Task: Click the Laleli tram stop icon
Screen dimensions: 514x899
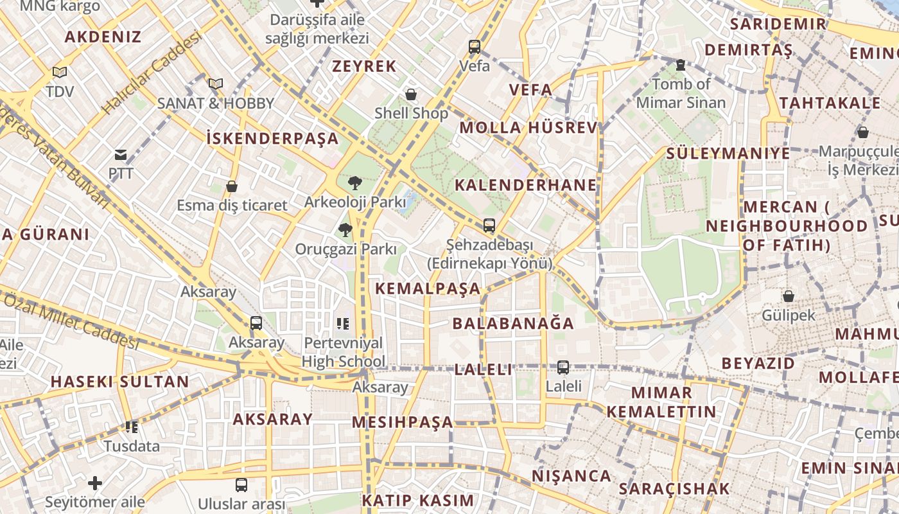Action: coord(563,368)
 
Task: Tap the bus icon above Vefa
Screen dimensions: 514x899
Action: coord(475,47)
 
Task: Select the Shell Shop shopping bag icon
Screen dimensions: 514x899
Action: coord(411,95)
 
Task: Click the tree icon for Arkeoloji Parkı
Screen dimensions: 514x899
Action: coord(354,183)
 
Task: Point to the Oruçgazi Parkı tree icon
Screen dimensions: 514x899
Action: coord(345,230)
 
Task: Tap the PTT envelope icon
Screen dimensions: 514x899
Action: coord(121,154)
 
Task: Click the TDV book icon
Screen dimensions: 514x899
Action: coord(60,73)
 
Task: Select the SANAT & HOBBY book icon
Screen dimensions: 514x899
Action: coord(216,84)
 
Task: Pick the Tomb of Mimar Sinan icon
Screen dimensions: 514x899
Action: coord(681,65)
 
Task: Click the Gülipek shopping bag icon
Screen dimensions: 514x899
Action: coord(788,296)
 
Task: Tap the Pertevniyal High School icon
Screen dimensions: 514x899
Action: coord(343,324)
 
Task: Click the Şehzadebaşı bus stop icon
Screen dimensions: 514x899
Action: coord(489,226)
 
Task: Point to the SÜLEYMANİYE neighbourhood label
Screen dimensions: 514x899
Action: coord(728,154)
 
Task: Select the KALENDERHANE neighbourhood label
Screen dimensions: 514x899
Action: coord(526,186)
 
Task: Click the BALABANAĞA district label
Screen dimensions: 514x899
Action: coord(513,323)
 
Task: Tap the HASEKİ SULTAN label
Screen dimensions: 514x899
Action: coord(120,382)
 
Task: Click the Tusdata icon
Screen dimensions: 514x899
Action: coord(132,427)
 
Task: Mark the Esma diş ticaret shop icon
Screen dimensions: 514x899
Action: coord(232,187)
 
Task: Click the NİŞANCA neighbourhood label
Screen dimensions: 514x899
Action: coord(572,476)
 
